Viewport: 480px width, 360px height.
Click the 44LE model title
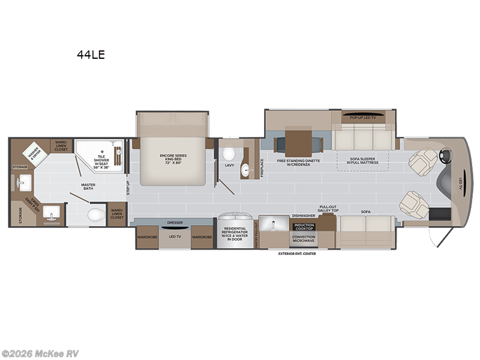[x=91, y=55]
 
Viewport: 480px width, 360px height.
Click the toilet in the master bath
[x=95, y=214]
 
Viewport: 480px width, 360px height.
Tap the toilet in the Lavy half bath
[x=229, y=150]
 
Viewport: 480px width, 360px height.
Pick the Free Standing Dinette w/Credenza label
[x=298, y=163]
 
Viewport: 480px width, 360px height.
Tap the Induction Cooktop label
[x=304, y=227]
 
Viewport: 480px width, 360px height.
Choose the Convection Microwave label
[x=304, y=239]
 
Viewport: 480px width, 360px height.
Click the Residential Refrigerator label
[x=235, y=234]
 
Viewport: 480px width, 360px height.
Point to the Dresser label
[x=175, y=222]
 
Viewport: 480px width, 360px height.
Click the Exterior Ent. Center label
[x=297, y=253]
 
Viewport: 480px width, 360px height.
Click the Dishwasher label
[x=303, y=214]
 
